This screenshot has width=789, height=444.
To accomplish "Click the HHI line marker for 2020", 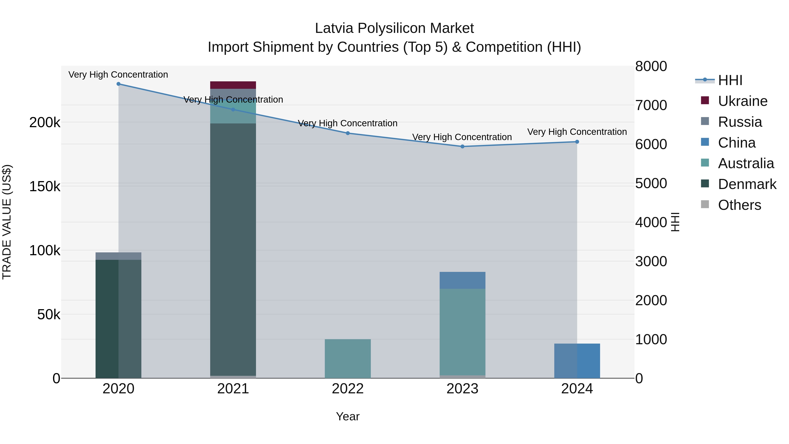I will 119,84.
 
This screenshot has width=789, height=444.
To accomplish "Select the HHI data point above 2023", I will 462,146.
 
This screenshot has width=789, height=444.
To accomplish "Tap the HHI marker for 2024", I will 577,142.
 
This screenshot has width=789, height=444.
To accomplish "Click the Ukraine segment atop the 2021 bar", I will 233,85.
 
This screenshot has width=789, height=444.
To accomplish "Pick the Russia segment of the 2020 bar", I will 119,256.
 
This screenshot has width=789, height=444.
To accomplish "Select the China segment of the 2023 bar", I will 462,280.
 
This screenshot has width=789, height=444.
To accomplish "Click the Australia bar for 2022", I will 348,358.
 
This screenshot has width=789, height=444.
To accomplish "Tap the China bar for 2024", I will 577,361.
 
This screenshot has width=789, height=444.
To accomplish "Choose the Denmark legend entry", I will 747,184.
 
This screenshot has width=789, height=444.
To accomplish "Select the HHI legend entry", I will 730,80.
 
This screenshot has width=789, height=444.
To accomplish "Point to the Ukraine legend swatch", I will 705,100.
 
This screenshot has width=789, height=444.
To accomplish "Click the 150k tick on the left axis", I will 45,186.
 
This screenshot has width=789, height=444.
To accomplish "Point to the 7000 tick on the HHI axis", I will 651,105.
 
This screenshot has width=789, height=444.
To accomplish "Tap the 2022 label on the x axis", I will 348,389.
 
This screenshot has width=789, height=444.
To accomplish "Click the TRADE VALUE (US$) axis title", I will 7,222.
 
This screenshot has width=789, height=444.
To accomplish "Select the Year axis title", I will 348,416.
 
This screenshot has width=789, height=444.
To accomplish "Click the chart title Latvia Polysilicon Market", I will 394,28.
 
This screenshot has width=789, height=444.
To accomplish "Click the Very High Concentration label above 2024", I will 577,132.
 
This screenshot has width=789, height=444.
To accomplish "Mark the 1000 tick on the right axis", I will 651,339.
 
